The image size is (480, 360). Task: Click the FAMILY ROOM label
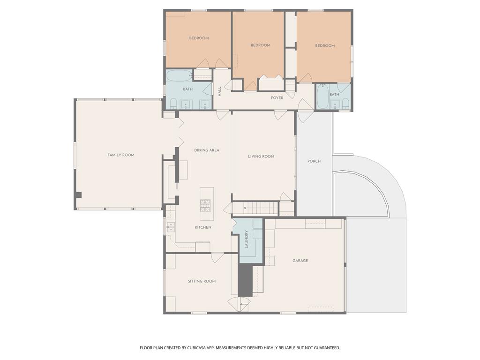coord(121,155)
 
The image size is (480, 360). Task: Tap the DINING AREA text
coord(207,150)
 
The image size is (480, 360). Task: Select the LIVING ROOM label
coord(261,157)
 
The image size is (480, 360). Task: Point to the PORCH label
coord(314,161)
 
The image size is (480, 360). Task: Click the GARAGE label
coord(300,261)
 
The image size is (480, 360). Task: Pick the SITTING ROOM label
coord(202,281)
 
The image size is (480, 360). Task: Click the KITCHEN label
coord(203,227)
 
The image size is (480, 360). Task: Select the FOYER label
coord(277,98)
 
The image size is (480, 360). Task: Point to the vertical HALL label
coord(219,91)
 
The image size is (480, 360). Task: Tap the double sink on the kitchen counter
coord(171,227)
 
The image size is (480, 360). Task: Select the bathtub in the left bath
coord(179,75)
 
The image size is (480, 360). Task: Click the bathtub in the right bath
coord(322,97)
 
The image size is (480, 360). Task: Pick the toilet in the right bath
coord(345,103)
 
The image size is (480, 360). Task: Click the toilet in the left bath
coord(172,104)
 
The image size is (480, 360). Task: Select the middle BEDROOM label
coord(260,45)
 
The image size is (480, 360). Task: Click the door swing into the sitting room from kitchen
coord(217,257)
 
